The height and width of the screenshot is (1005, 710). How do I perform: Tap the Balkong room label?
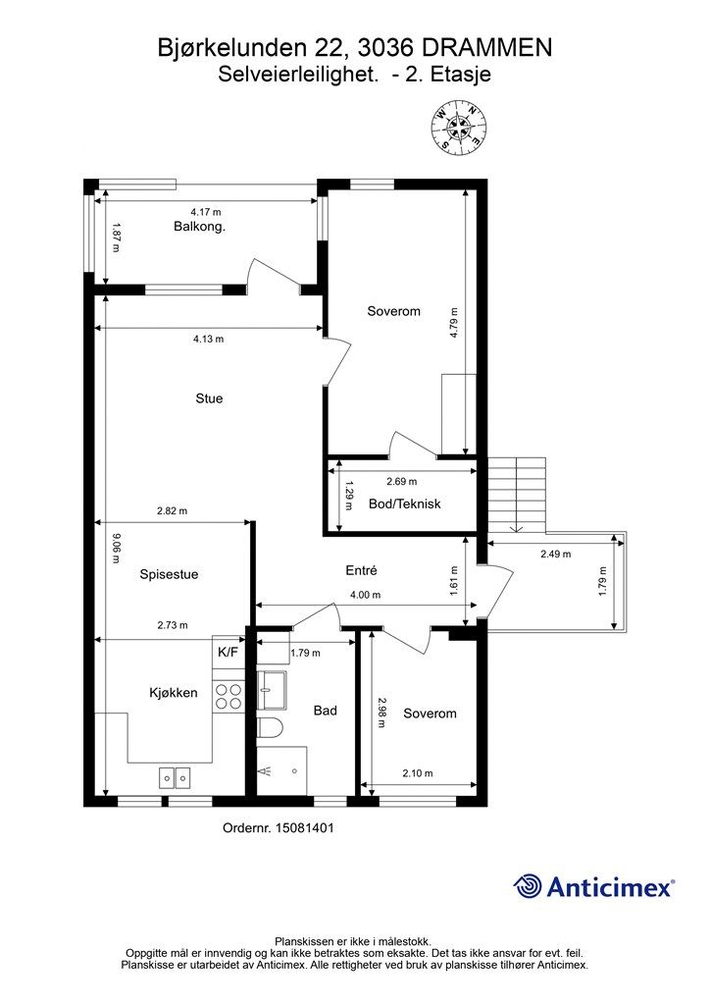pos(199,227)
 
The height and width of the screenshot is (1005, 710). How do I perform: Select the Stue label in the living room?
pos(209,398)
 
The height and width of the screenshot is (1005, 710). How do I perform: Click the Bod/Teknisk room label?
pos(405,503)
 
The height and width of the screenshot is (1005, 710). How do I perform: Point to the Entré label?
pos(361,570)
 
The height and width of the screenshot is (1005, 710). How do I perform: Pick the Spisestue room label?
pos(169,574)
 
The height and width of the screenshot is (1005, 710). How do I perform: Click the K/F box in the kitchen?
pos(228,653)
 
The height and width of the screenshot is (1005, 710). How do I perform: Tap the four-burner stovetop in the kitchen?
pos(228,696)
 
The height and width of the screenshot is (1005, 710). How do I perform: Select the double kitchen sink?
pos(175,778)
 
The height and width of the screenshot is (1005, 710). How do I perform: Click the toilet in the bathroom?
pos(269,729)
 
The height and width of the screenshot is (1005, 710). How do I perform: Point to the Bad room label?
pos(326,711)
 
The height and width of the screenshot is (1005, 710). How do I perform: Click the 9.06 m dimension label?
pos(116,549)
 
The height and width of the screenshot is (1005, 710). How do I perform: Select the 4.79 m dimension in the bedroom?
pos(454,323)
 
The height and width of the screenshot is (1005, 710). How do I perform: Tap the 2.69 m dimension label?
pos(401,481)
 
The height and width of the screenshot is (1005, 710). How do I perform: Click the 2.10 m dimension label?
pos(418,773)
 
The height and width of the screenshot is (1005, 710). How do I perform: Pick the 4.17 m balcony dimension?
pos(206,212)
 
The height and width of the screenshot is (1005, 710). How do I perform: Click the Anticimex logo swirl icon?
pos(528,886)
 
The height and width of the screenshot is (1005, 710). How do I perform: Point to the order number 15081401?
pos(305,828)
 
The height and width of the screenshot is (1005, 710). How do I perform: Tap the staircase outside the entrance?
pos(516,495)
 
